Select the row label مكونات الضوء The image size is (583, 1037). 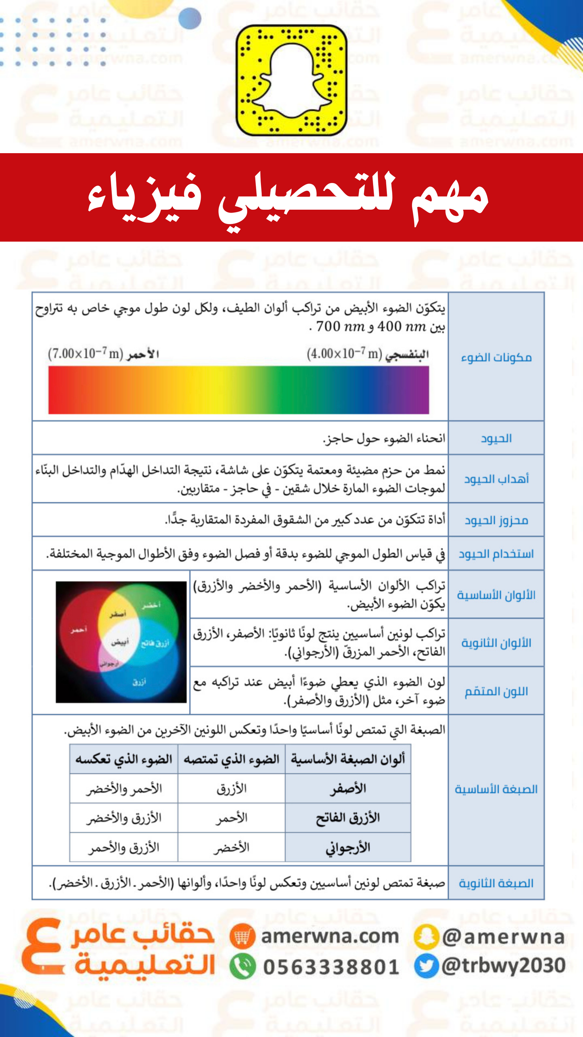point(496,357)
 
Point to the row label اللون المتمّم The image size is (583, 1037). point(496,692)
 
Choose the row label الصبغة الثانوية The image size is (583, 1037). point(496,883)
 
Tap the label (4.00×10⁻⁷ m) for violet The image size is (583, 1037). point(344,354)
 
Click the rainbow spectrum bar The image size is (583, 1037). point(239,390)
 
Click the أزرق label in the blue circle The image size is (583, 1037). point(139,681)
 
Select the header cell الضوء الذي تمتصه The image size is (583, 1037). point(231,759)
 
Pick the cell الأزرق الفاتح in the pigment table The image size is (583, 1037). point(348,817)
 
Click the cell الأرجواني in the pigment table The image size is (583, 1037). point(348,847)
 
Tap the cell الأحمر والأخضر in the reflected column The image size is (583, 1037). point(124,789)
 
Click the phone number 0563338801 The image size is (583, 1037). point(331,967)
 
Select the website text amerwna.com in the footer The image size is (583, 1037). point(330,936)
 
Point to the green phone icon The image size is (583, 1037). point(243,966)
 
